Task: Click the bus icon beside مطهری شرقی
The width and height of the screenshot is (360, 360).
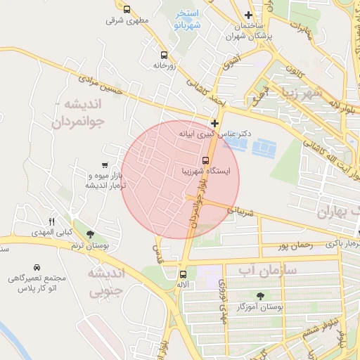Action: point(127,10)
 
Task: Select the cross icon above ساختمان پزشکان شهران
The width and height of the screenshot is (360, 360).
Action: point(247,15)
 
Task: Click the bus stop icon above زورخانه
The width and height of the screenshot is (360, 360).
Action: point(164,54)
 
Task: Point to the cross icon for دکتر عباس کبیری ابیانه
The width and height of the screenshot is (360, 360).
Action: point(214,122)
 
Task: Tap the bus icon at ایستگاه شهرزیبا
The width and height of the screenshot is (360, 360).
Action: point(206,160)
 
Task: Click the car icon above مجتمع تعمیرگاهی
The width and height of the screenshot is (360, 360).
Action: point(36,268)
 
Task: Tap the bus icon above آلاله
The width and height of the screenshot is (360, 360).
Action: point(183,274)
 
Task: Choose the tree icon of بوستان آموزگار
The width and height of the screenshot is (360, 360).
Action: point(261,296)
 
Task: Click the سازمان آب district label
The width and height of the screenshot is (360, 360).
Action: point(267,270)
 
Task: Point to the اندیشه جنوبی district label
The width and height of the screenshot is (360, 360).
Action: point(105,281)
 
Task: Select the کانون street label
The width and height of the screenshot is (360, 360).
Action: point(295,67)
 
